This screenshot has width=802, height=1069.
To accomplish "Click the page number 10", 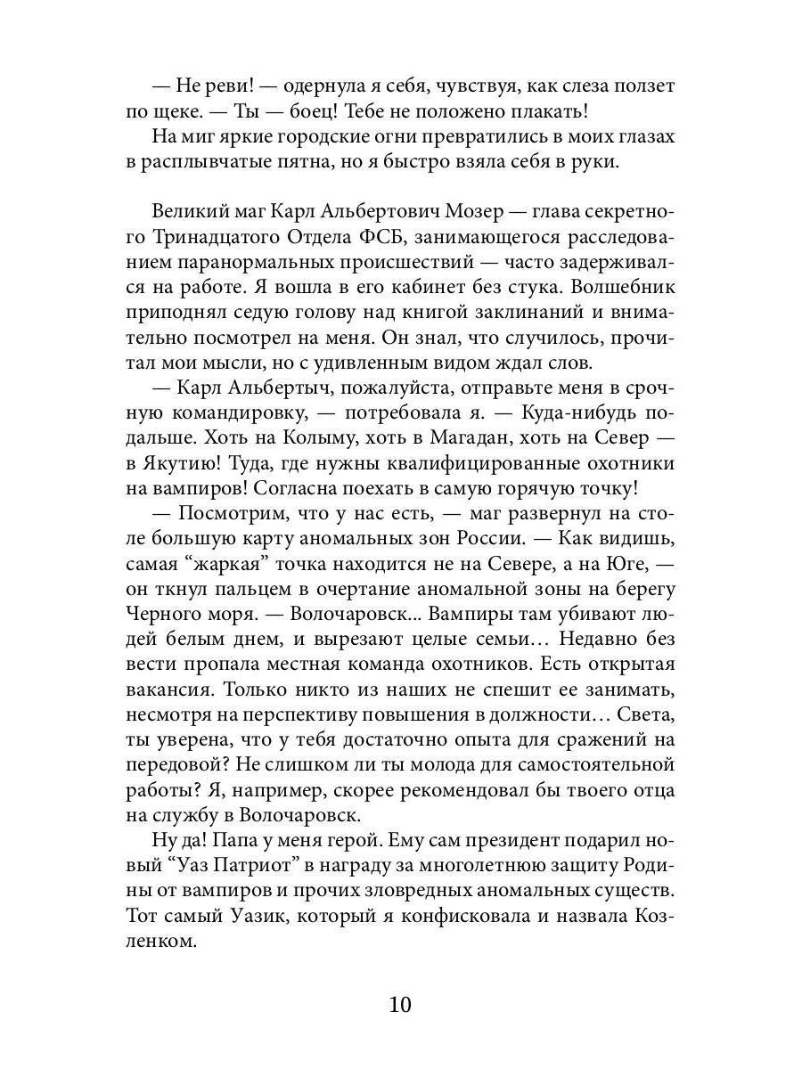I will (400, 1005).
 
